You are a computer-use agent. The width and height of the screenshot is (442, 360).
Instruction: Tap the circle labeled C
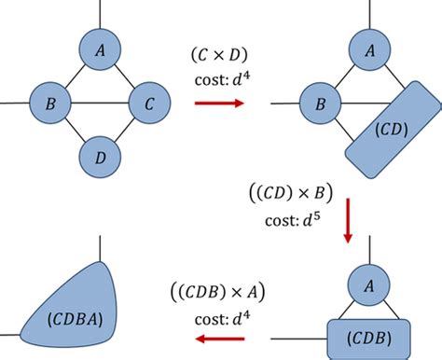pyautogui.click(x=150, y=104)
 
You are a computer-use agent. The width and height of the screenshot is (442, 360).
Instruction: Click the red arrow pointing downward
pyautogui.click(x=347, y=224)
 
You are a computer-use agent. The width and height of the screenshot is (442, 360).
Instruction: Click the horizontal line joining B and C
pyautogui.click(x=100, y=104)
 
